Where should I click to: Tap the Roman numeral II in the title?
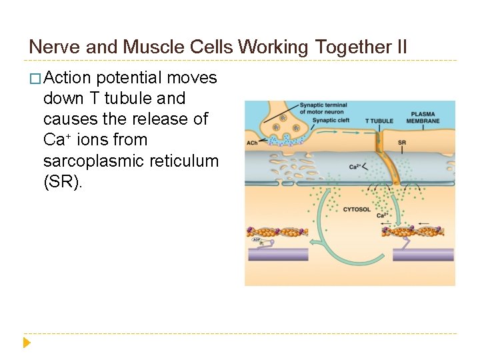coord(399,47)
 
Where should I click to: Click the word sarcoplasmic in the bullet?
coord(85,161)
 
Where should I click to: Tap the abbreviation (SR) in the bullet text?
coord(61,181)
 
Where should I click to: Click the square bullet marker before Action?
coord(35,79)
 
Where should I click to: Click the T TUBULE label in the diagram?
coord(379,121)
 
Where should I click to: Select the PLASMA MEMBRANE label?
coord(425,117)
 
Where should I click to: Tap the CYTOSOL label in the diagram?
coord(357,209)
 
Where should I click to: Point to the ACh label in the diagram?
coord(252,143)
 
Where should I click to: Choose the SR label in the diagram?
coord(401,143)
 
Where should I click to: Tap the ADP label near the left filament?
coord(257,239)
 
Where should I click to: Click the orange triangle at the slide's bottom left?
coord(27,343)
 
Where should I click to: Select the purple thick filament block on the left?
coord(278,253)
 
